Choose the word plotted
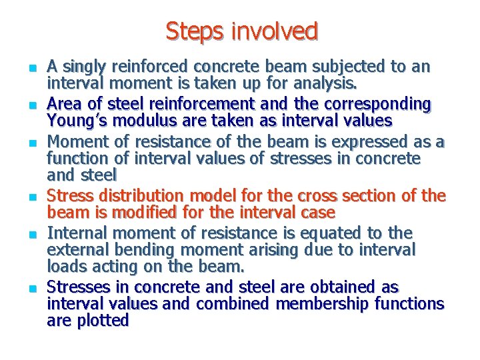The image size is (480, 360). click(107, 321)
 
